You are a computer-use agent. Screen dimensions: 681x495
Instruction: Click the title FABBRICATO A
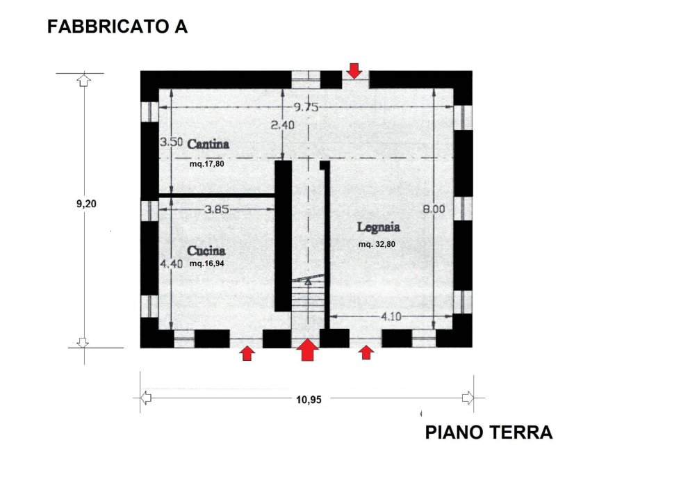[117, 26]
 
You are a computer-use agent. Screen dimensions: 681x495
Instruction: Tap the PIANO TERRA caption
[489, 432]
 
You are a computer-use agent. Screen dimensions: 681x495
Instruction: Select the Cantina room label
[208, 144]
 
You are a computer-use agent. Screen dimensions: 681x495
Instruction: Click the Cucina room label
[206, 251]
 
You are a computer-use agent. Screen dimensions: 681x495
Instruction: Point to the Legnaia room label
[378, 227]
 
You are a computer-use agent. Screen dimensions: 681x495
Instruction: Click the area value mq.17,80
[207, 164]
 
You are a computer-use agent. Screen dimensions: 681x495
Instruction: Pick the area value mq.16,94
[207, 263]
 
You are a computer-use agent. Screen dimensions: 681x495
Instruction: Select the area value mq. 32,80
[377, 244]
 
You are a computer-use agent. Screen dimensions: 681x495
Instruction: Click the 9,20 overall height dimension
[86, 204]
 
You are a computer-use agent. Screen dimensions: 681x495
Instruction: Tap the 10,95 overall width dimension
[309, 399]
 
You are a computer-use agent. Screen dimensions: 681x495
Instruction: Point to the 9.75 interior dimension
[306, 107]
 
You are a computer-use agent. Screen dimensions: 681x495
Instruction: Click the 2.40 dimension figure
[282, 125]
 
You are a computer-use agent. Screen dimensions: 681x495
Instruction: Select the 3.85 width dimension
[217, 209]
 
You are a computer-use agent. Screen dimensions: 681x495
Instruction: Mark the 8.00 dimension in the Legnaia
[434, 209]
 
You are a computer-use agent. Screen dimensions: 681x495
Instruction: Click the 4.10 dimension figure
[391, 316]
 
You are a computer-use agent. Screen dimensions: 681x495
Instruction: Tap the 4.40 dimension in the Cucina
[171, 263]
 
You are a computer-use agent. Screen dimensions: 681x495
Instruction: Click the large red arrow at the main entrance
[307, 350]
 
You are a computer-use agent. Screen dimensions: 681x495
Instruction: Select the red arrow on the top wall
[355, 71]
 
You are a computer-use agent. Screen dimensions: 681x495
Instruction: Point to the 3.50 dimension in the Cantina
[171, 142]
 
